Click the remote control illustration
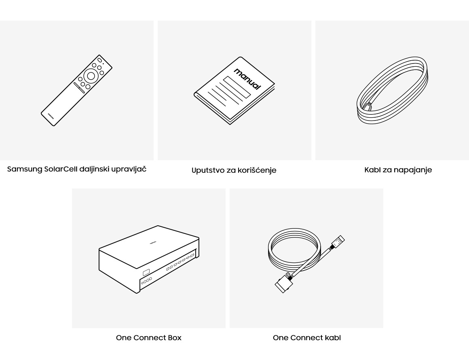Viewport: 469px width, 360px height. (76, 90)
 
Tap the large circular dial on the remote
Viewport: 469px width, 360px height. (91, 76)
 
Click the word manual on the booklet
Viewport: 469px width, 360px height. (247, 79)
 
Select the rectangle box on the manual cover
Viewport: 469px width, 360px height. (237, 87)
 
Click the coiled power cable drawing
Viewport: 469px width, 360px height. (392, 90)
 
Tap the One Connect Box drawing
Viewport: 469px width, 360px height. (149, 259)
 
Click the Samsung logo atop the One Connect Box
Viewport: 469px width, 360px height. (153, 243)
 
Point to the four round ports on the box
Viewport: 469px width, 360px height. (146, 280)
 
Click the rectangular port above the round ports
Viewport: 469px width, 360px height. (146, 273)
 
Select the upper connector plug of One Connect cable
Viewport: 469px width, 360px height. (337, 242)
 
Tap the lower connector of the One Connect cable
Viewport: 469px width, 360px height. (283, 283)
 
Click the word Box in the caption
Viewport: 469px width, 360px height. (174, 338)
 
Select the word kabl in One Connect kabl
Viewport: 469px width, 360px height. (333, 338)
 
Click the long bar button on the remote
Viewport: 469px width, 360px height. (79, 88)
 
